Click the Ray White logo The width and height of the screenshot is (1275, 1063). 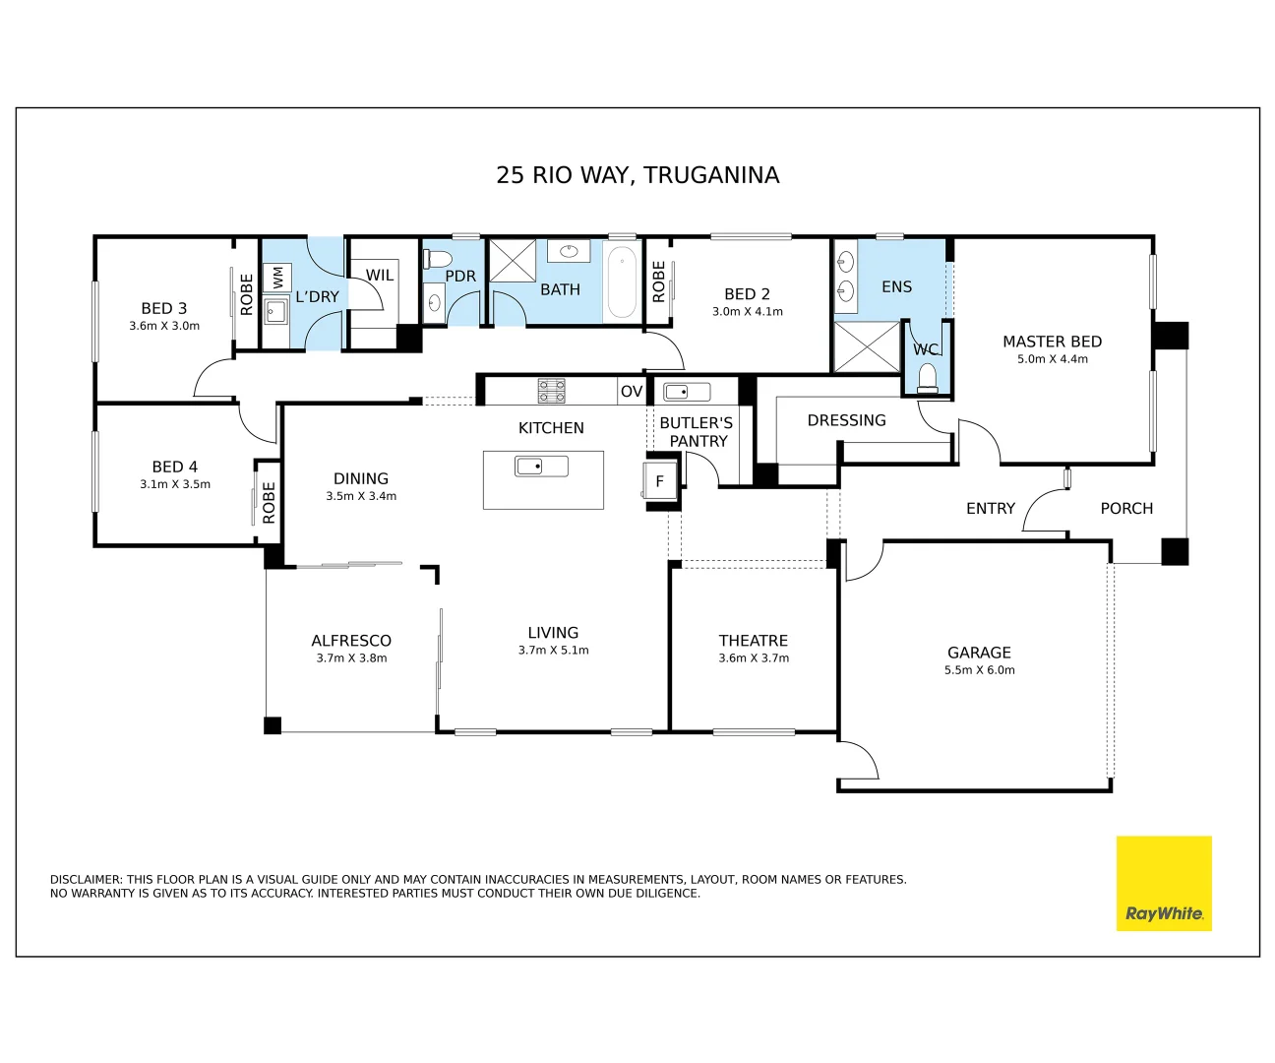click(x=1164, y=884)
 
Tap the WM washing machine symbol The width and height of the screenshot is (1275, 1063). click(x=277, y=278)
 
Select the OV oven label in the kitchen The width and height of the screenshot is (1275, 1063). click(x=632, y=391)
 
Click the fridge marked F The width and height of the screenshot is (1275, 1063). click(x=659, y=481)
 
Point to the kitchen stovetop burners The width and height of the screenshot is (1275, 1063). click(x=551, y=391)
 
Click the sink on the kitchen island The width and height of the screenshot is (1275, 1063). click(x=541, y=467)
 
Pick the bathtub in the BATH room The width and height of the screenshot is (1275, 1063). click(x=622, y=281)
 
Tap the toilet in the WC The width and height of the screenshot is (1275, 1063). click(x=928, y=378)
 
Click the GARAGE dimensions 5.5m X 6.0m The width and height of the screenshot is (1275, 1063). click(x=980, y=670)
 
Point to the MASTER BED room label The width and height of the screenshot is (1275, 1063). click(x=1052, y=342)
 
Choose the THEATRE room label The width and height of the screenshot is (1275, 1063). click(x=753, y=640)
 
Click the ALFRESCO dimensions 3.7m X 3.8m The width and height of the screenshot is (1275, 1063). click(x=351, y=657)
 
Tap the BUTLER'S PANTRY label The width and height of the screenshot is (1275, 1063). click(x=697, y=432)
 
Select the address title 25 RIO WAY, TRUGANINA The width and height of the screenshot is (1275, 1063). click(x=637, y=175)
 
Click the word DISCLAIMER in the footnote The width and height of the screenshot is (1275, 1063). click(x=87, y=880)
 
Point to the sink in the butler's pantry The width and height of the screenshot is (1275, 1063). click(x=687, y=392)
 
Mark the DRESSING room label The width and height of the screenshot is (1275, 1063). click(x=846, y=420)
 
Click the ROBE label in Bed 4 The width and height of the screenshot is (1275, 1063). click(x=269, y=502)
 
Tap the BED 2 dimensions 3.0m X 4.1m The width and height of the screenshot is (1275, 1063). click(x=748, y=312)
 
